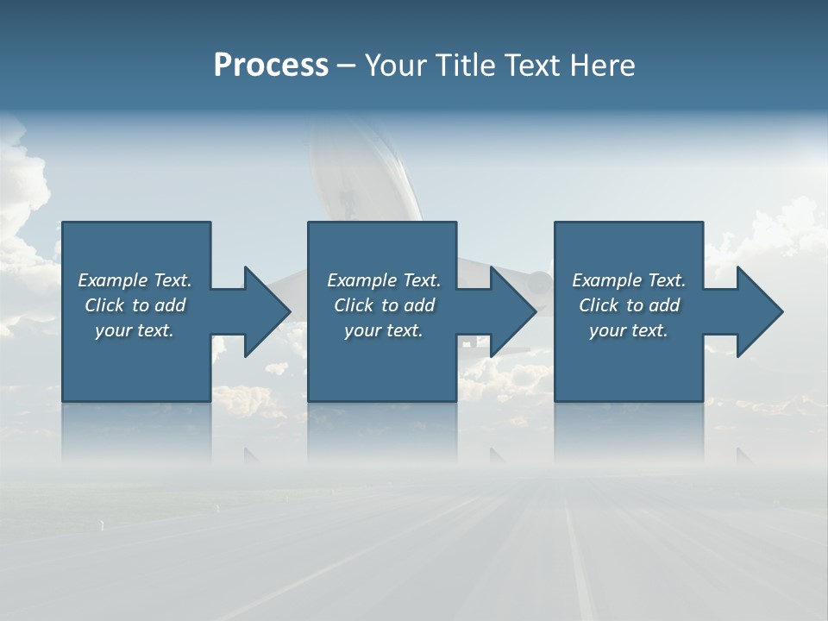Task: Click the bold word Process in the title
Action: (x=271, y=66)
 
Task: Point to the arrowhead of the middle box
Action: (x=512, y=311)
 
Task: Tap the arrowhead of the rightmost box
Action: (x=759, y=311)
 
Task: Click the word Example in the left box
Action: (x=113, y=280)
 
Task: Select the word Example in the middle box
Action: (x=362, y=280)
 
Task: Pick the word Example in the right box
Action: (x=607, y=280)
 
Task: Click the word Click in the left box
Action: (x=104, y=305)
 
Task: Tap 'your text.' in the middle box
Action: (x=383, y=330)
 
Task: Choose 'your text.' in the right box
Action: (x=628, y=330)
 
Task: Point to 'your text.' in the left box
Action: (x=135, y=330)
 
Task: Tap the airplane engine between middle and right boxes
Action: (x=540, y=282)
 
